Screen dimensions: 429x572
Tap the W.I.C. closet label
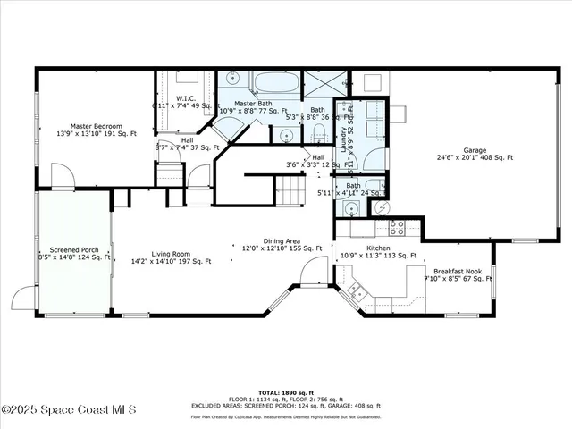coord(186,98)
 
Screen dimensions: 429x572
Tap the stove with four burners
coord(397,227)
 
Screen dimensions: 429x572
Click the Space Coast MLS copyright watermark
coord(69,409)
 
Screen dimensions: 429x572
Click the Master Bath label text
coord(253,104)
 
